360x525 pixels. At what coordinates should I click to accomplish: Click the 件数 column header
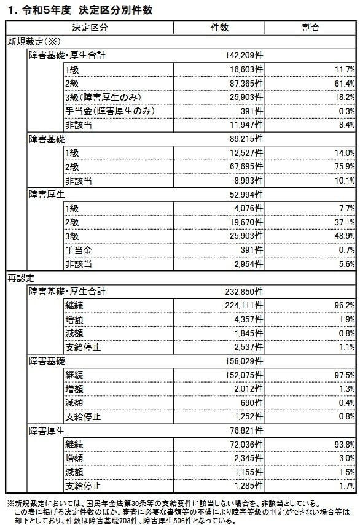click(x=219, y=28)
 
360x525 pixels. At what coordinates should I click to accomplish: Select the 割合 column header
click(x=311, y=28)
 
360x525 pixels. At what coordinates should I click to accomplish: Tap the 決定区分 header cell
click(x=90, y=28)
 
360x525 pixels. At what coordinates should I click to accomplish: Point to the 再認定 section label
click(x=21, y=278)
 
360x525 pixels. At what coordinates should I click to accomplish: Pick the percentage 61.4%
click(x=344, y=83)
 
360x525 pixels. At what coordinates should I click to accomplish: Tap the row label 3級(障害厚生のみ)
click(x=109, y=97)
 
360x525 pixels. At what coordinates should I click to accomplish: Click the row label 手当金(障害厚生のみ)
click(x=109, y=111)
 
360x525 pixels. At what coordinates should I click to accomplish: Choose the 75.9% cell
click(x=344, y=166)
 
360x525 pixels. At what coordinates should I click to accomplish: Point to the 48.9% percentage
click(x=344, y=236)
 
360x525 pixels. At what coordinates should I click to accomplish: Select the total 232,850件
click(x=240, y=292)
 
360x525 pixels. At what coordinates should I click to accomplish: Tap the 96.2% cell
click(x=344, y=306)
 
